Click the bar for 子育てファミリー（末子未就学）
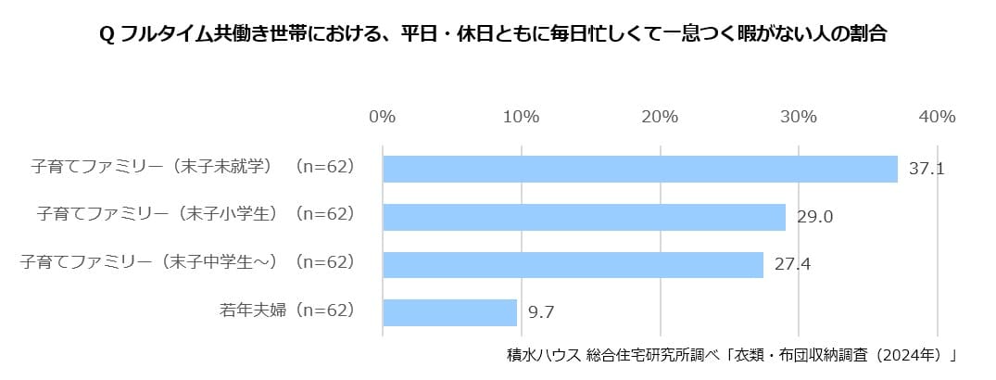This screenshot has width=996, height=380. click(640, 169)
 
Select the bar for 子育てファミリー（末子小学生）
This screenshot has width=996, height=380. click(584, 217)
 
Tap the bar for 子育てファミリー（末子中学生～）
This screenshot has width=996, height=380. click(573, 264)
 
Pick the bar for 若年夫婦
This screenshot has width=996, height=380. click(449, 312)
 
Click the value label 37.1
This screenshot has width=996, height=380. click(926, 170)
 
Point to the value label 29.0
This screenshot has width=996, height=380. click(815, 217)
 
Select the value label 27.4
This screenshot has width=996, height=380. click(792, 264)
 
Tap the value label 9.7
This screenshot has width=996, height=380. click(540, 312)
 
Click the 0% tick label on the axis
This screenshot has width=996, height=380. click(383, 117)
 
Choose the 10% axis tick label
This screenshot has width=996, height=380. click(521, 117)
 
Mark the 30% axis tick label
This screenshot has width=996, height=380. click(798, 117)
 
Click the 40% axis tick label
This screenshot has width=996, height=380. click(937, 117)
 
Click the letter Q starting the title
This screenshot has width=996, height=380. click(106, 35)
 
